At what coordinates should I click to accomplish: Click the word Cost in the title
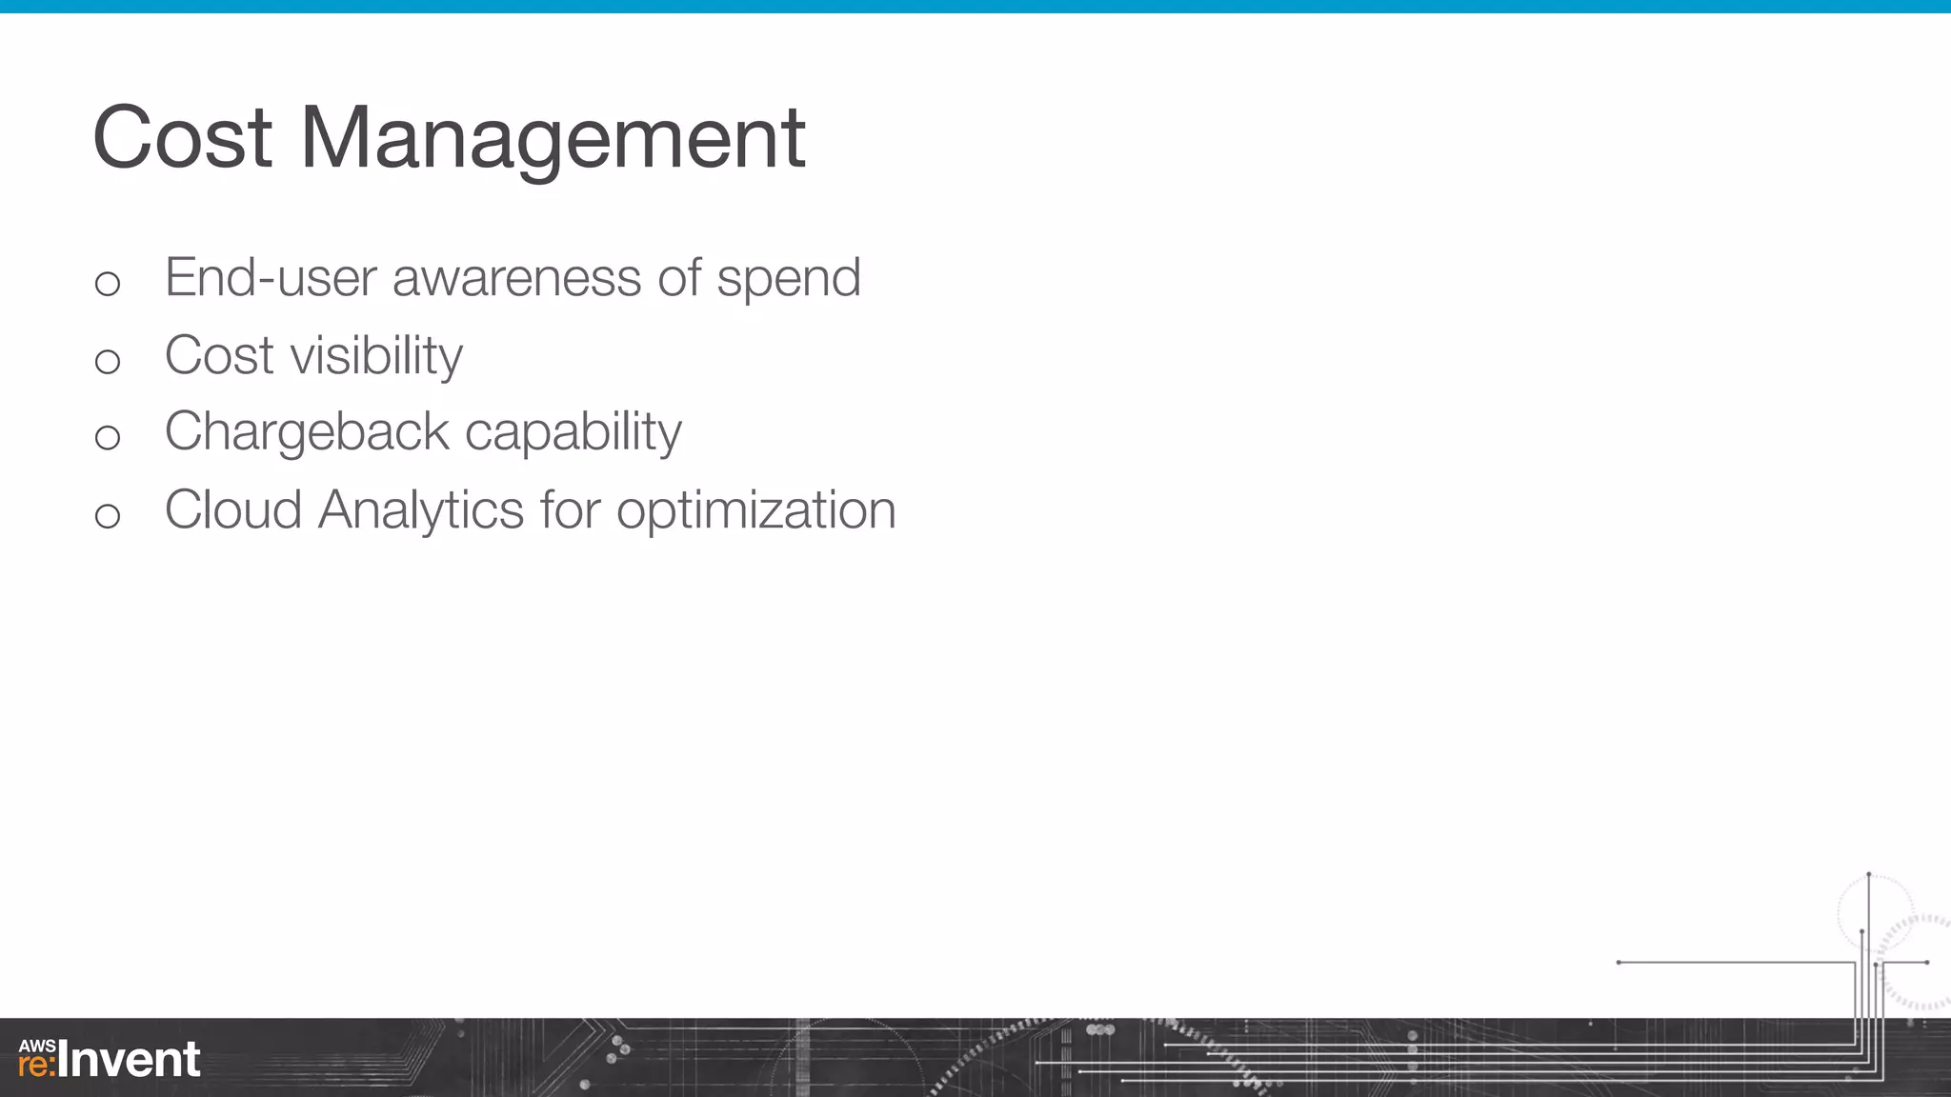pyautogui.click(x=183, y=138)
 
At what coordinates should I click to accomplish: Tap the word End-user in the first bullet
pyautogui.click(x=271, y=278)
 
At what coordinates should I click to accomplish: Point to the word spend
pyautogui.click(x=789, y=280)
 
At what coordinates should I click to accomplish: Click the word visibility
pyautogui.click(x=376, y=357)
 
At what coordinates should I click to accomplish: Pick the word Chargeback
pyautogui.click(x=306, y=433)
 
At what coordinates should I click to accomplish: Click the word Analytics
pyautogui.click(x=420, y=511)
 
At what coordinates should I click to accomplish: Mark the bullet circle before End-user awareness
pyautogui.click(x=108, y=284)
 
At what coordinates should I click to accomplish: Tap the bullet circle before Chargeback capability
pyautogui.click(x=108, y=438)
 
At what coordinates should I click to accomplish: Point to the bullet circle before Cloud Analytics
pyautogui.click(x=108, y=516)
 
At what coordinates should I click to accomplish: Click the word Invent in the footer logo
pyautogui.click(x=130, y=1060)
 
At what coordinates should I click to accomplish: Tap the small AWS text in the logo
pyautogui.click(x=37, y=1046)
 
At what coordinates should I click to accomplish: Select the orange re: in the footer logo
pyautogui.click(x=37, y=1065)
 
